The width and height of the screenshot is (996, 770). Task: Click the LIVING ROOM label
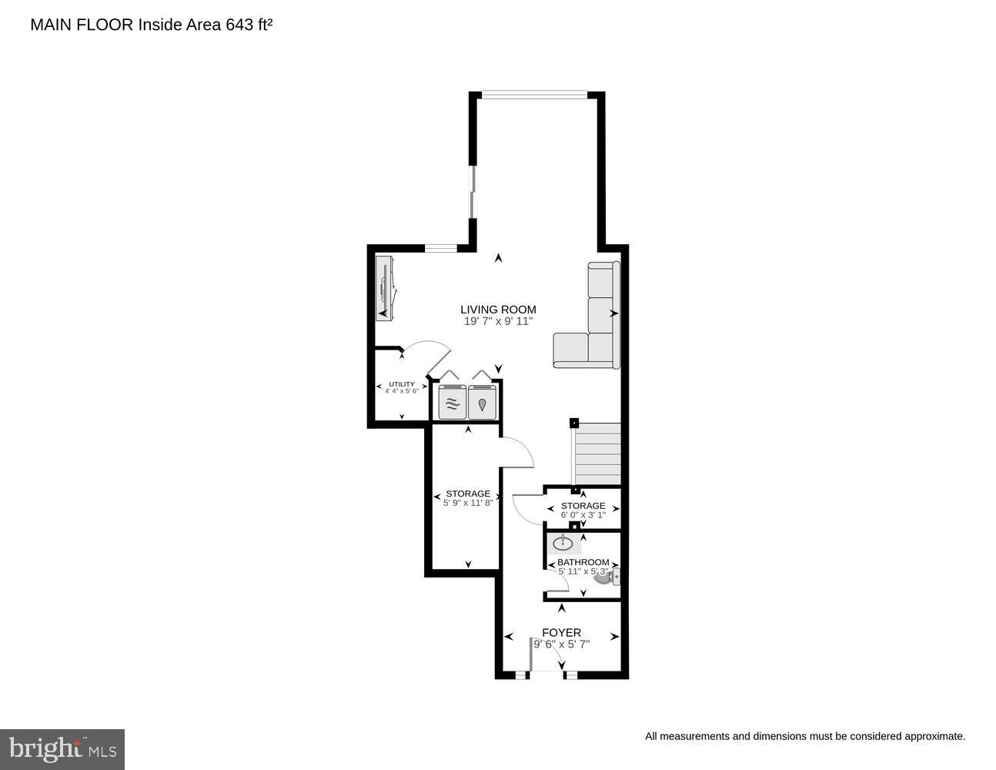click(498, 310)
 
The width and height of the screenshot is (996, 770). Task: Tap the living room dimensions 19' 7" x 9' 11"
click(498, 322)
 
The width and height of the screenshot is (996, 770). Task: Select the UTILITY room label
click(402, 384)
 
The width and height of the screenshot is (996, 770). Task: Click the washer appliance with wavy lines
click(452, 402)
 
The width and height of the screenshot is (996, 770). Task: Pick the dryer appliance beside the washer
click(483, 402)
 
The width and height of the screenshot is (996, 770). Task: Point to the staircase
click(598, 453)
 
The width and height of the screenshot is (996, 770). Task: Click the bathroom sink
click(563, 542)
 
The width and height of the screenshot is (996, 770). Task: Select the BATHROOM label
click(583, 562)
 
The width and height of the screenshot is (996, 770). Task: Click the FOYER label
click(561, 633)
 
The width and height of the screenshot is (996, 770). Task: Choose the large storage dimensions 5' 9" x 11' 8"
click(467, 503)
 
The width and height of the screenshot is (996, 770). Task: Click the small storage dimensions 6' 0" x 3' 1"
click(583, 514)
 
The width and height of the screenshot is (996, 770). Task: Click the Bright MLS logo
click(62, 749)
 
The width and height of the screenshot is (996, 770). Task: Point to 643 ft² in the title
click(249, 25)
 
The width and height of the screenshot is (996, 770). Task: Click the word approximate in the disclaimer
click(933, 737)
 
